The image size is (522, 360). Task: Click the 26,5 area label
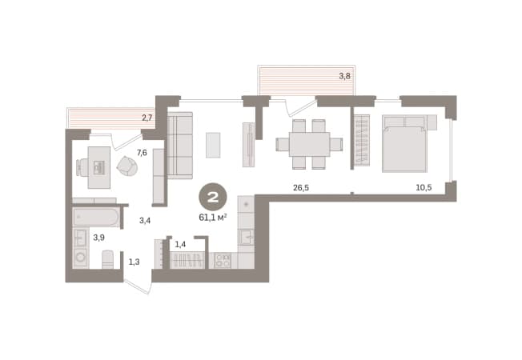tap(301, 188)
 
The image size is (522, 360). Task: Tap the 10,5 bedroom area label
tap(424, 188)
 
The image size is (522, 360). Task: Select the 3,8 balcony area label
tap(344, 76)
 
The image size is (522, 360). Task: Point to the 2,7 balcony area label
tap(147, 118)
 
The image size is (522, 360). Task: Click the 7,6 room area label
tap(142, 153)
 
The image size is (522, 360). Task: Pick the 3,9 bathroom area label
tap(98, 238)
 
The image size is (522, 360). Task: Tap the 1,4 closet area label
tap(180, 245)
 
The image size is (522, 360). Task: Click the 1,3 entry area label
tap(135, 262)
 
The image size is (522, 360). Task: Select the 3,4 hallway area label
tap(145, 220)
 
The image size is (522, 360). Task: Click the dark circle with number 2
tap(213, 197)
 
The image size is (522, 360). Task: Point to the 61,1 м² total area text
tap(213, 218)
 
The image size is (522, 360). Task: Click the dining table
tap(309, 144)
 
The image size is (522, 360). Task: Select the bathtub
tap(96, 218)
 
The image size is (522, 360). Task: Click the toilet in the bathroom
tap(108, 259)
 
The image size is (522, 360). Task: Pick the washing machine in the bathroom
tap(81, 257)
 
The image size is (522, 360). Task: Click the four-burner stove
tap(223, 261)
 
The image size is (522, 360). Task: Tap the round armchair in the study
tap(127, 166)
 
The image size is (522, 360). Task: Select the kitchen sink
tap(247, 238)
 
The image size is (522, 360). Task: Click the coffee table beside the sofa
tap(213, 145)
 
